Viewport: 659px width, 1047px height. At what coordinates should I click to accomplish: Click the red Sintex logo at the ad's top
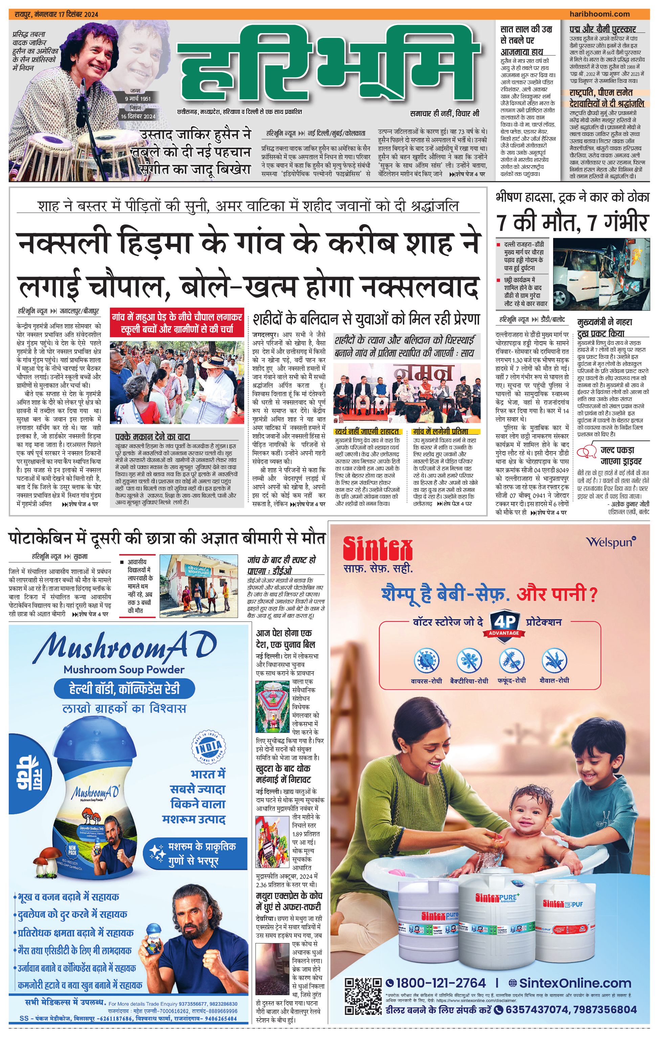tap(377, 549)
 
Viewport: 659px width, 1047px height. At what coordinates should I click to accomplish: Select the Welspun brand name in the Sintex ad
tap(610, 542)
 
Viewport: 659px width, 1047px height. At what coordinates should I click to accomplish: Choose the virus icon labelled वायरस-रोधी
tap(426, 660)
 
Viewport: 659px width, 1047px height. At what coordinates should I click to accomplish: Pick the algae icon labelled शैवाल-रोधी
tap(554, 660)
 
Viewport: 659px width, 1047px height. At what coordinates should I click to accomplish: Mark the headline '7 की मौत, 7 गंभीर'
tap(572, 223)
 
